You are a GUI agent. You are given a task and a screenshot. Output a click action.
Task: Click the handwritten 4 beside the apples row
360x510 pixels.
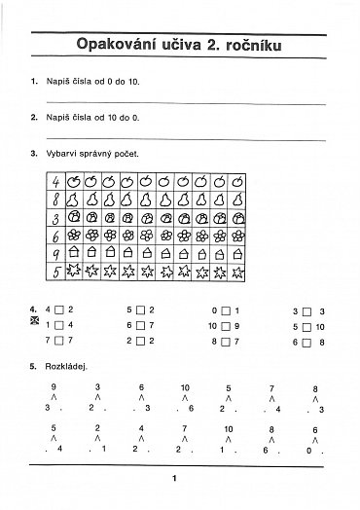(58, 182)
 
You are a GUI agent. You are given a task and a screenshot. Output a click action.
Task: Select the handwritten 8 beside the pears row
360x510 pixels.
(58, 200)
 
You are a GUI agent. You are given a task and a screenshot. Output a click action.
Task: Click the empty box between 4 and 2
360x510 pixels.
(58, 310)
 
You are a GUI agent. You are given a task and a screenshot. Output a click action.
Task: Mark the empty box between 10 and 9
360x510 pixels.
(225, 325)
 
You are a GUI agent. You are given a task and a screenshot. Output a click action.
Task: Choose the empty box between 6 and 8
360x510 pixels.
(306, 342)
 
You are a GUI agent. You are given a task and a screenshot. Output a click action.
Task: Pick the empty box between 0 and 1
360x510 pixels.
(225, 310)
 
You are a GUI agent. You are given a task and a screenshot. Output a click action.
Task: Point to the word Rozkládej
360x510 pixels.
(66, 367)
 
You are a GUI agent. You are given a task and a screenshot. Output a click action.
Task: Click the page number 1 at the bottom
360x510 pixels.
(173, 477)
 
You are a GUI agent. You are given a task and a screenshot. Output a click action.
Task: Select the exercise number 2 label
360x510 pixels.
(34, 117)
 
